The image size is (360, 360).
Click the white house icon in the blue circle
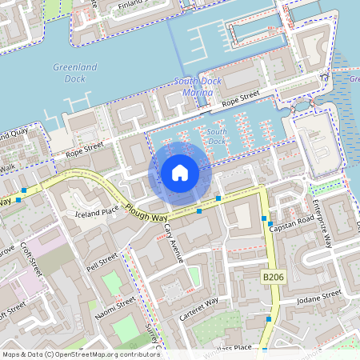click(x=180, y=172)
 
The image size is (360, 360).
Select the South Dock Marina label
click(x=194, y=87)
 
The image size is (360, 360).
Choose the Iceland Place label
click(x=98, y=214)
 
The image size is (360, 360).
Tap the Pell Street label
click(x=102, y=262)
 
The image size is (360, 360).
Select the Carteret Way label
click(x=199, y=309)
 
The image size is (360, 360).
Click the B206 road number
click(x=274, y=277)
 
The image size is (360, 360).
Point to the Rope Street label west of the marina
click(x=86, y=148)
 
